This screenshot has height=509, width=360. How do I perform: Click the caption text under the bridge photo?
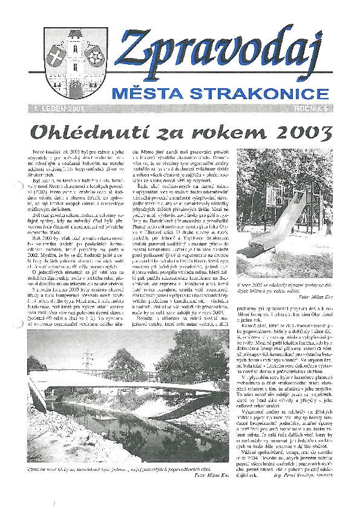click(121, 468)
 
